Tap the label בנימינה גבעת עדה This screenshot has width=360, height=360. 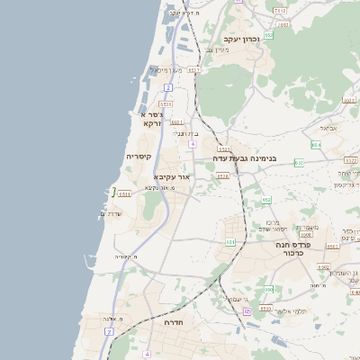click(x=244, y=158)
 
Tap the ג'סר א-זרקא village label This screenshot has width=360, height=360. click(x=149, y=119)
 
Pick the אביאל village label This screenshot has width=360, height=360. click(x=328, y=128)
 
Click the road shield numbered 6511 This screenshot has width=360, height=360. click(x=124, y=193)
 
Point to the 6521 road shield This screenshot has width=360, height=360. click(x=177, y=121)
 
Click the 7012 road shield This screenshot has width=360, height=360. click(x=280, y=11)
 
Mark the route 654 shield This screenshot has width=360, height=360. click(x=316, y=144)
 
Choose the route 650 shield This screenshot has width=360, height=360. click(x=267, y=289)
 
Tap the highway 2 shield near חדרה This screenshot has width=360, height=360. click(x=109, y=331)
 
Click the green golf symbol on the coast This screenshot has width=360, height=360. click(x=114, y=191)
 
